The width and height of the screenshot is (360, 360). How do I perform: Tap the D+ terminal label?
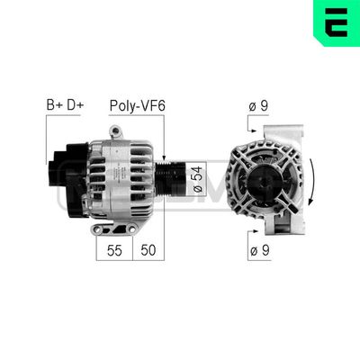click(76, 106)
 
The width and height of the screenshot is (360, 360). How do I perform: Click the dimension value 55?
click(113, 249)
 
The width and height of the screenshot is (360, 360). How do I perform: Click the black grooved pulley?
click(173, 180)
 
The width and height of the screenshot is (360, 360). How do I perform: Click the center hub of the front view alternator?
click(266, 180)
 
